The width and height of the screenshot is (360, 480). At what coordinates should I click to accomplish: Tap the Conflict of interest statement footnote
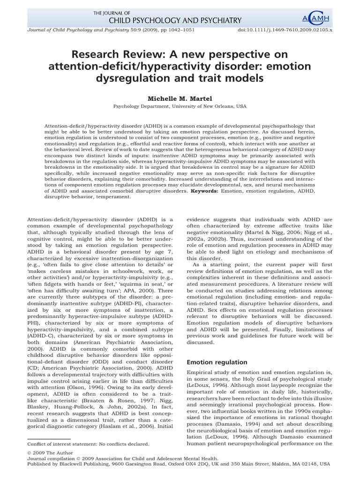click(x=89, y=443)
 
